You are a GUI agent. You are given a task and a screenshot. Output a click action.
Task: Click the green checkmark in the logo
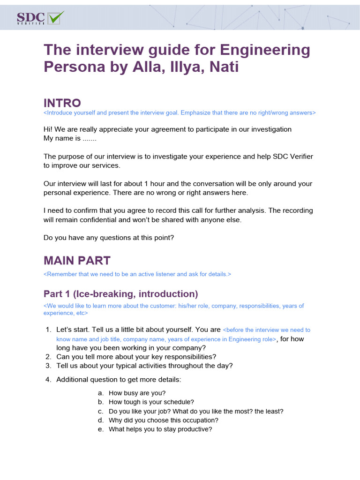click(x=56, y=17)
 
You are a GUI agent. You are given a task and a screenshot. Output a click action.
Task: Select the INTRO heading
click(x=62, y=103)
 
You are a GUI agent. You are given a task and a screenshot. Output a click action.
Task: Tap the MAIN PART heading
click(x=77, y=261)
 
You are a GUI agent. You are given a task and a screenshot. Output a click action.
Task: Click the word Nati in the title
click(x=223, y=67)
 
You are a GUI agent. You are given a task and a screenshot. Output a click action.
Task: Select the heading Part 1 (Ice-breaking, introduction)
click(x=120, y=294)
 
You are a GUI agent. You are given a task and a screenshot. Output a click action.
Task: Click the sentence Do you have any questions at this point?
click(x=109, y=238)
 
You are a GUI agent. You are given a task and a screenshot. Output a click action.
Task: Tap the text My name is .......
click(x=62, y=138)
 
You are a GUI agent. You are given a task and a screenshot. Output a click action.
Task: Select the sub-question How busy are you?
click(x=137, y=393)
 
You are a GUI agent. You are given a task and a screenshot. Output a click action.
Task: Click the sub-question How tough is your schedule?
click(x=151, y=402)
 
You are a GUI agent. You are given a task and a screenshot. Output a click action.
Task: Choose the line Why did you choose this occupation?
click(x=164, y=420)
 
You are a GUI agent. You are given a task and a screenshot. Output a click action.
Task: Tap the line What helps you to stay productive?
click(x=160, y=429)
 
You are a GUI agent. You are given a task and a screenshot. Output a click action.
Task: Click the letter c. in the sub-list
click(x=100, y=411)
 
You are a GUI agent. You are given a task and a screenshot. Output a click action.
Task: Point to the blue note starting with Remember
click(x=137, y=274)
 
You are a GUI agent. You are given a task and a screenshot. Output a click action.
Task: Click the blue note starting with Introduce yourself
click(x=180, y=113)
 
